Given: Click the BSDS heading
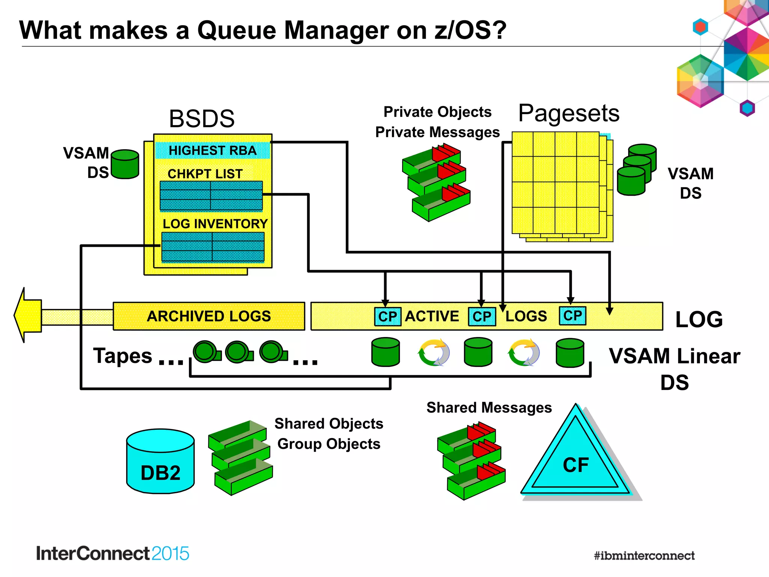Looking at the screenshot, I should tap(202, 119).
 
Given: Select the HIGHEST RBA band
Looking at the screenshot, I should tap(213, 150).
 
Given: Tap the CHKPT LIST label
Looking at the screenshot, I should tap(205, 174).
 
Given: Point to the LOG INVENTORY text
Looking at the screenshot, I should tap(215, 224).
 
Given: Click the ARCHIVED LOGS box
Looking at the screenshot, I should tap(209, 316).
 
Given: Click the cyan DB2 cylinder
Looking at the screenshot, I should tap(160, 462).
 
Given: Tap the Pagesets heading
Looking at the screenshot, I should tap(568, 113).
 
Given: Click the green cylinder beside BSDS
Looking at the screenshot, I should tap(125, 164).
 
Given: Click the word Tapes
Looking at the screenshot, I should tap(122, 355).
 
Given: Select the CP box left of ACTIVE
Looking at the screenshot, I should tap(388, 316).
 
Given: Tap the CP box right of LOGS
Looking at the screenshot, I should tap(572, 316).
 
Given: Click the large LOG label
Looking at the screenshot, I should tap(699, 319).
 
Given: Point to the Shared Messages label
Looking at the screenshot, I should tap(489, 408).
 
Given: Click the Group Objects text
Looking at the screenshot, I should tap(329, 444).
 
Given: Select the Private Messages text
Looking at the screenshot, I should tap(437, 132).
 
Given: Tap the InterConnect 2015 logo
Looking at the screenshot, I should tap(112, 553).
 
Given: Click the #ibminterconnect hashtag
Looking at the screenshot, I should tap(644, 556).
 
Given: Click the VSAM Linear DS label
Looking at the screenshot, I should tap(674, 369).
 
